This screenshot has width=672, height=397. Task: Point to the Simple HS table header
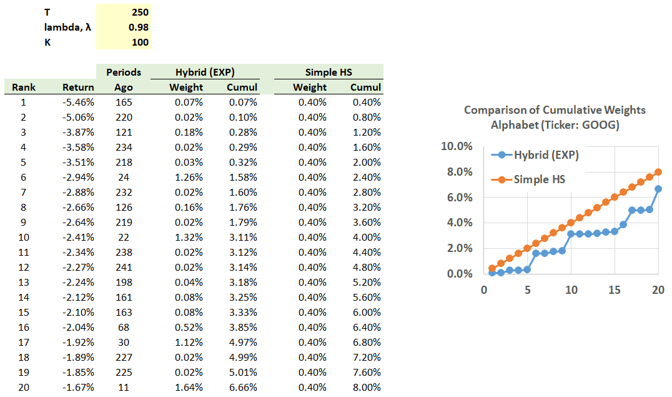(x=329, y=72)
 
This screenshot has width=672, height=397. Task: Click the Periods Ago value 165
(x=124, y=103)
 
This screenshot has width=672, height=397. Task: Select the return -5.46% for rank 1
(x=79, y=103)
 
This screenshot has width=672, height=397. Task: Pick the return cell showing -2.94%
(x=79, y=178)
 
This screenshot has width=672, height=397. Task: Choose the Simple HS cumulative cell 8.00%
(x=367, y=388)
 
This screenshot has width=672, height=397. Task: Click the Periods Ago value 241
(x=124, y=268)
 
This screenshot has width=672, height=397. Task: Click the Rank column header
(x=24, y=88)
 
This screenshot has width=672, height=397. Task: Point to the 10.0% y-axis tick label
(x=457, y=146)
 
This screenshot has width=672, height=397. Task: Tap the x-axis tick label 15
(x=615, y=290)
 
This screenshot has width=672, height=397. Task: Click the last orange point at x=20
(x=658, y=172)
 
